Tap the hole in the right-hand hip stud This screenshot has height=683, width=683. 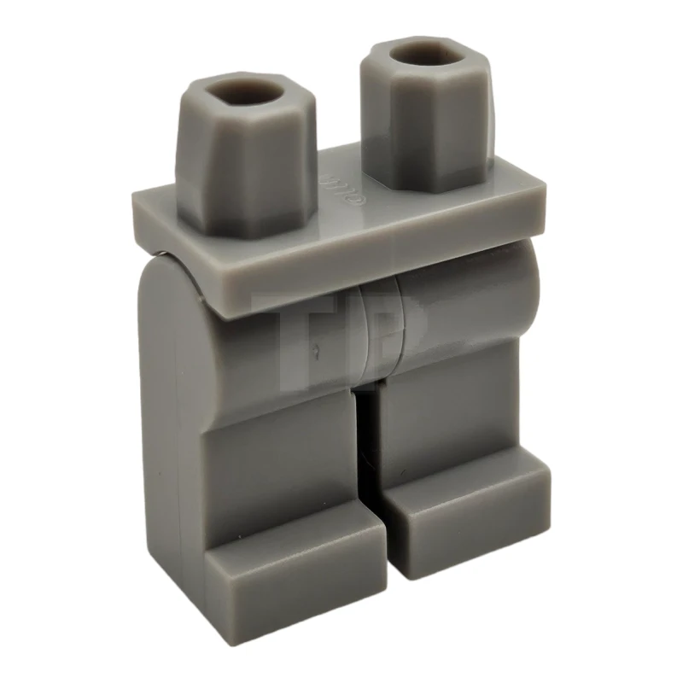click(x=416, y=55)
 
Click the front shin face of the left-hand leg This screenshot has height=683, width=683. click(x=282, y=461)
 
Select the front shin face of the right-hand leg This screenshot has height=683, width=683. click(x=444, y=427)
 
